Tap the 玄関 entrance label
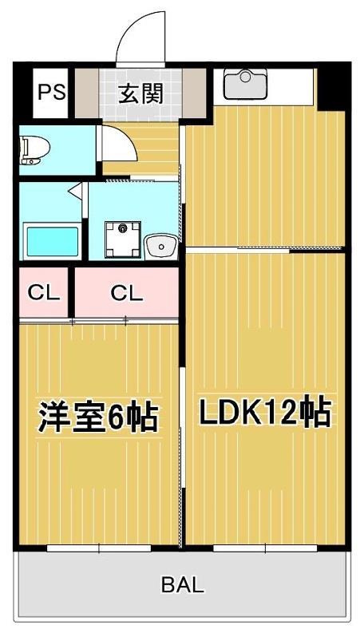coord(141,93)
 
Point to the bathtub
coord(53,240)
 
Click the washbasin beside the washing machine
coord(162,244)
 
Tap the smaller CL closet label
coord(45,293)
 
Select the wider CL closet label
coord(126,293)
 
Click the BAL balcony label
coord(182,584)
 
